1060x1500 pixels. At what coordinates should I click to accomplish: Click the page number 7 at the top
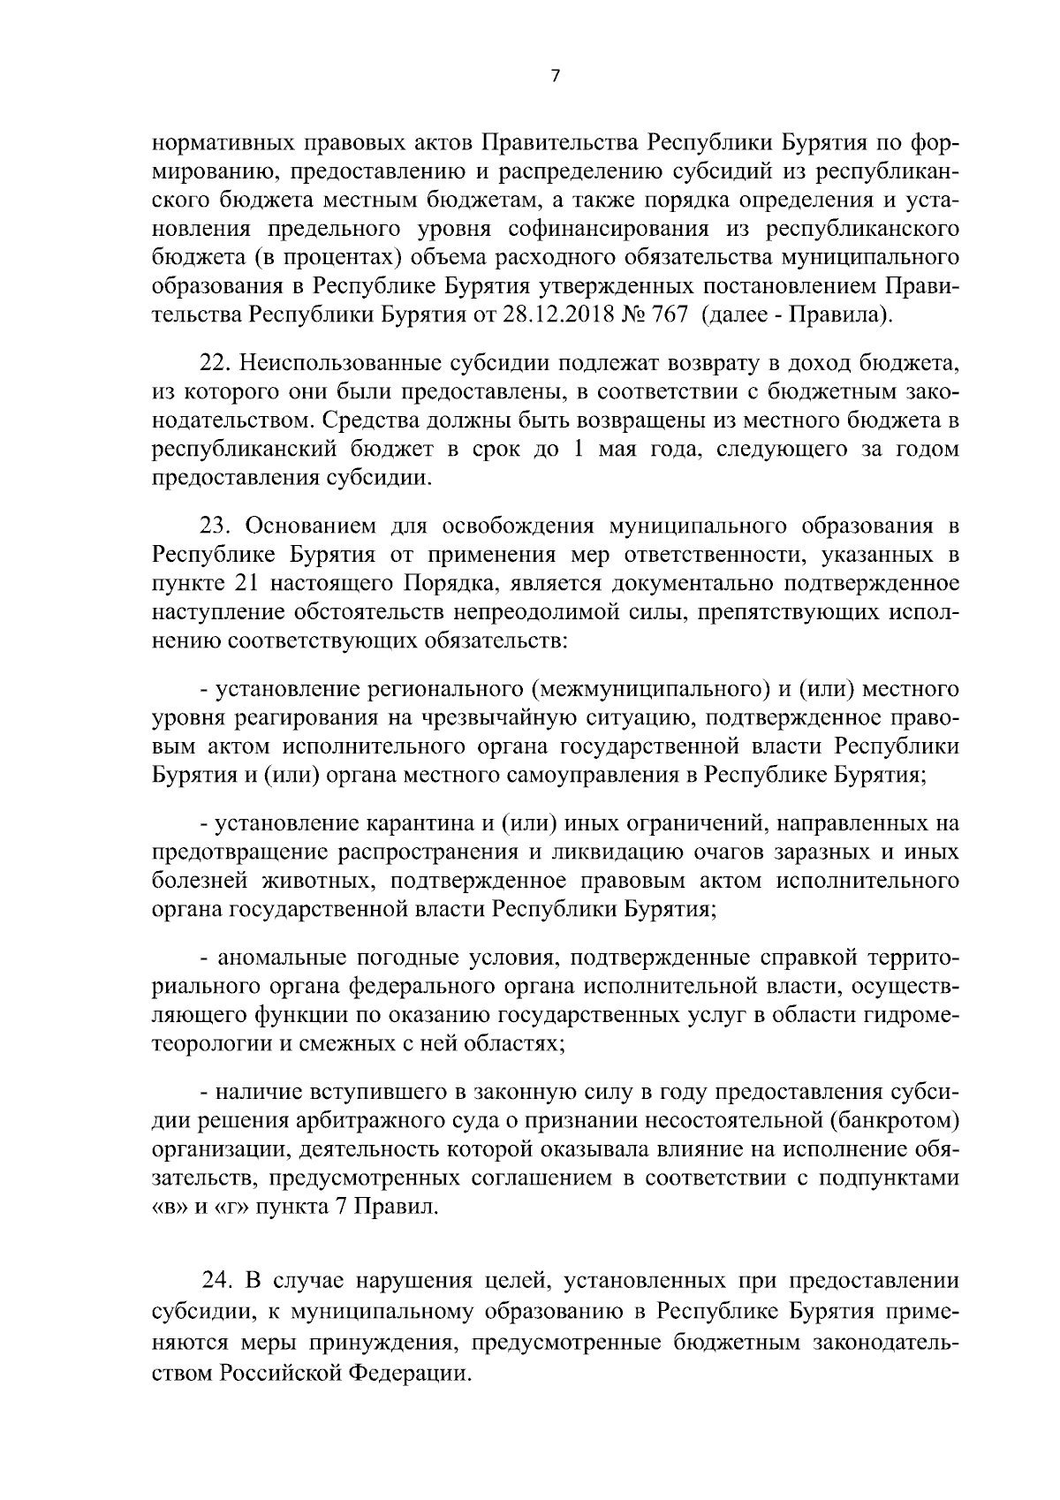[x=555, y=76]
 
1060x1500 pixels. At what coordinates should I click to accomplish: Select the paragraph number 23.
[x=216, y=527]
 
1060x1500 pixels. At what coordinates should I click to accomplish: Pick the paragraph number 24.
[x=218, y=1282]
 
